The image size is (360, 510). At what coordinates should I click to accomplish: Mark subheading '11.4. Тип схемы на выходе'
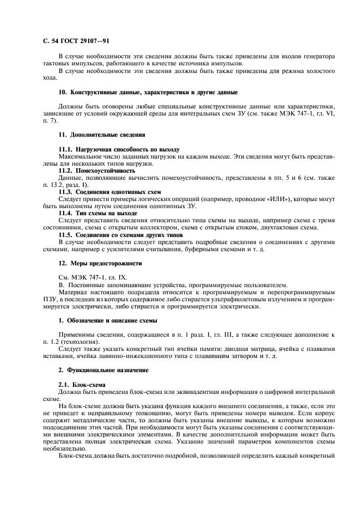click(97, 213)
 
